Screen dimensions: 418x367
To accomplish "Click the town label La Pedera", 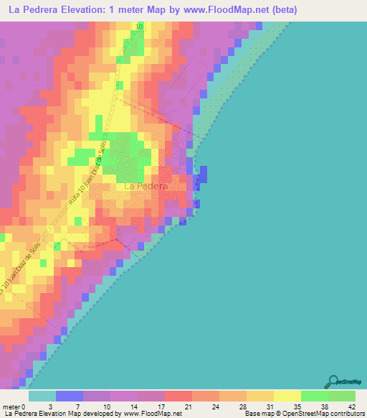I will coord(146,186).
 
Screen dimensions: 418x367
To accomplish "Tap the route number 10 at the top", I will coord(139,26).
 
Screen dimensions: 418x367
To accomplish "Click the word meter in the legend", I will coord(12,407).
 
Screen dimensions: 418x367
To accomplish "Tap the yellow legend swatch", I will coord(287,396).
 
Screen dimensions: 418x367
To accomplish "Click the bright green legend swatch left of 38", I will coord(314,396).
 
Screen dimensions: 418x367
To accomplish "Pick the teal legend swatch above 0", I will coord(42,396).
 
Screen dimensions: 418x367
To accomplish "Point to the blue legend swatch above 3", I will coord(69,396).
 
